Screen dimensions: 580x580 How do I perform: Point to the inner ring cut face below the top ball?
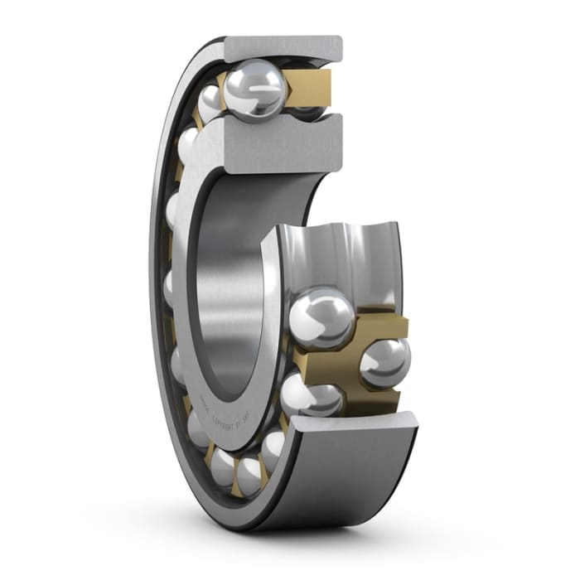coord(273,145)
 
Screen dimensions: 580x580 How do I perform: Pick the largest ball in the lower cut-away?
coord(321,317)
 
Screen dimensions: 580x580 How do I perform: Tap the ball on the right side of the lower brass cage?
coord(384,361)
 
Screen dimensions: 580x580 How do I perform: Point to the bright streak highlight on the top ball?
coord(263,80)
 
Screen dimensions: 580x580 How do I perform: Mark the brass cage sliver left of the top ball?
coord(221,83)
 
